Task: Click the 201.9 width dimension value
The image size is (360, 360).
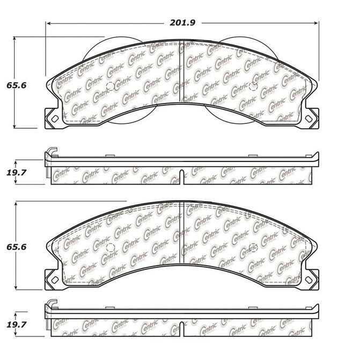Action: (x=182, y=23)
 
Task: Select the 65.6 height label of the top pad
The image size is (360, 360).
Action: (x=16, y=85)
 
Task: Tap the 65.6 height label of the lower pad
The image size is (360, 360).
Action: (x=16, y=247)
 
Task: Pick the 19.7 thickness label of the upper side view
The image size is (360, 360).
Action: (x=16, y=172)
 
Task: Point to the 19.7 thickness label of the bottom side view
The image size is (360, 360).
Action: (x=16, y=325)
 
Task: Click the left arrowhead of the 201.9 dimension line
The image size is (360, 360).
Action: (x=48, y=23)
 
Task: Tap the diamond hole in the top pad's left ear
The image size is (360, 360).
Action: (x=55, y=119)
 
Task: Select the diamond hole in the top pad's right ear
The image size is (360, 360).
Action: (x=309, y=119)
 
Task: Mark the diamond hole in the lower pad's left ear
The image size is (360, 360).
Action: (x=55, y=280)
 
